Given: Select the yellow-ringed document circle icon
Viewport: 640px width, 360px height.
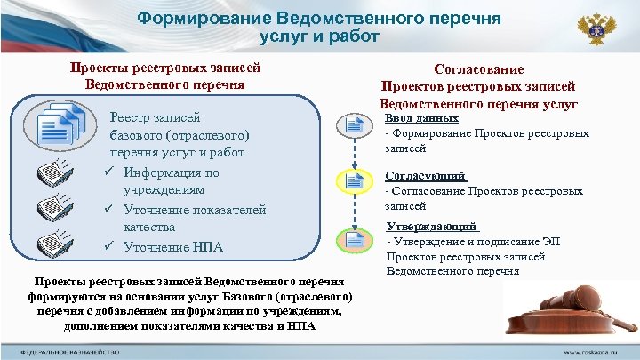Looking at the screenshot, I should [353, 184].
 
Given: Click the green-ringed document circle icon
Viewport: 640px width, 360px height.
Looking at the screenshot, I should [353, 240].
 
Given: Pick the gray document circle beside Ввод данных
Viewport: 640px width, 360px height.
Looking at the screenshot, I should [353, 128].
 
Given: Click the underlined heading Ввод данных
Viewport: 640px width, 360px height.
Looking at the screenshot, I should [421, 118].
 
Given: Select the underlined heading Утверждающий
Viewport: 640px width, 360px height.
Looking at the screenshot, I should [431, 227].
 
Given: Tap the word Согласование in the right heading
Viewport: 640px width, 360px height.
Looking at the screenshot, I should [478, 69].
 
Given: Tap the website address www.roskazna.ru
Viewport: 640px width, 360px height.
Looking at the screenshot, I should [596, 353].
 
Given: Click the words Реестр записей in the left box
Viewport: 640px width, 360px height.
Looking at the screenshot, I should [154, 117].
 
